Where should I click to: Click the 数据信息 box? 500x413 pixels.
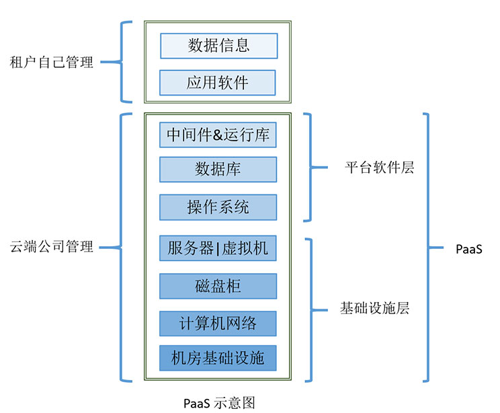tap(218, 45)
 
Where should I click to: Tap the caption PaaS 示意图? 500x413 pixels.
tap(219, 402)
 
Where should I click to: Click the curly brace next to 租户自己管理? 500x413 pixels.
tap(121, 63)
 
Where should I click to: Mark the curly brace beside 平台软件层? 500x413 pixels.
tap(310, 167)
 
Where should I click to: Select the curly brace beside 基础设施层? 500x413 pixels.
tap(310, 309)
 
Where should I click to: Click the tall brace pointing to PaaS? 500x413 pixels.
tap(430, 248)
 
